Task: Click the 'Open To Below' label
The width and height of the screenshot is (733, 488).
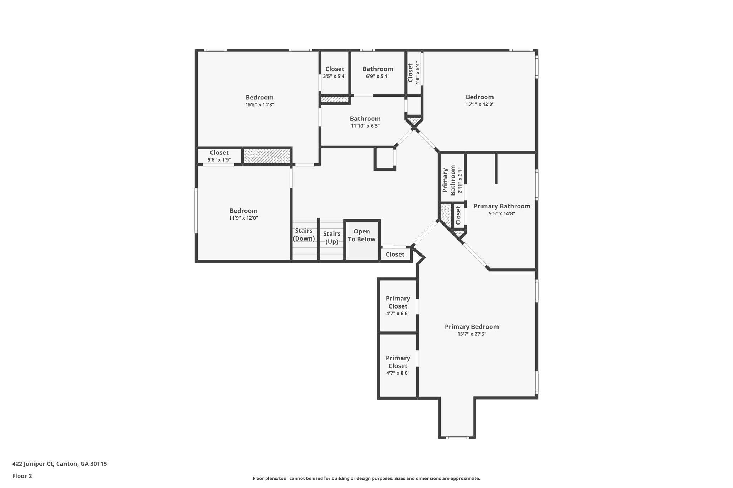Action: [361, 236]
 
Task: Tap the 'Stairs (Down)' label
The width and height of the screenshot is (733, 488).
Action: [304, 235]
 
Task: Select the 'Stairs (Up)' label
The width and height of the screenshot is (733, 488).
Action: [332, 238]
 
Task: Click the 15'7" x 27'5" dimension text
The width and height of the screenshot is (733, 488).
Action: [472, 334]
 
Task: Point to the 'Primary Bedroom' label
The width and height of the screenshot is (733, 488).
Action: [472, 327]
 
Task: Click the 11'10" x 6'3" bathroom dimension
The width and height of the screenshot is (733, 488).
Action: [365, 126]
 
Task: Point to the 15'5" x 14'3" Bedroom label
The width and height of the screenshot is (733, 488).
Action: [259, 97]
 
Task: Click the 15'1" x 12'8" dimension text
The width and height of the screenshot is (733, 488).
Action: [480, 104]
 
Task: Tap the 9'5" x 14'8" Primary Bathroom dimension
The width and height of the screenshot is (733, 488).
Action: [502, 213]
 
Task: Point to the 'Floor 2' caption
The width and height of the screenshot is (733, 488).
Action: [22, 476]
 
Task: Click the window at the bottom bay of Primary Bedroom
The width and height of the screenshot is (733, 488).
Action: [457, 438]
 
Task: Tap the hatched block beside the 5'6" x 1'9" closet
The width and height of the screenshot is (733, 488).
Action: [266, 156]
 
